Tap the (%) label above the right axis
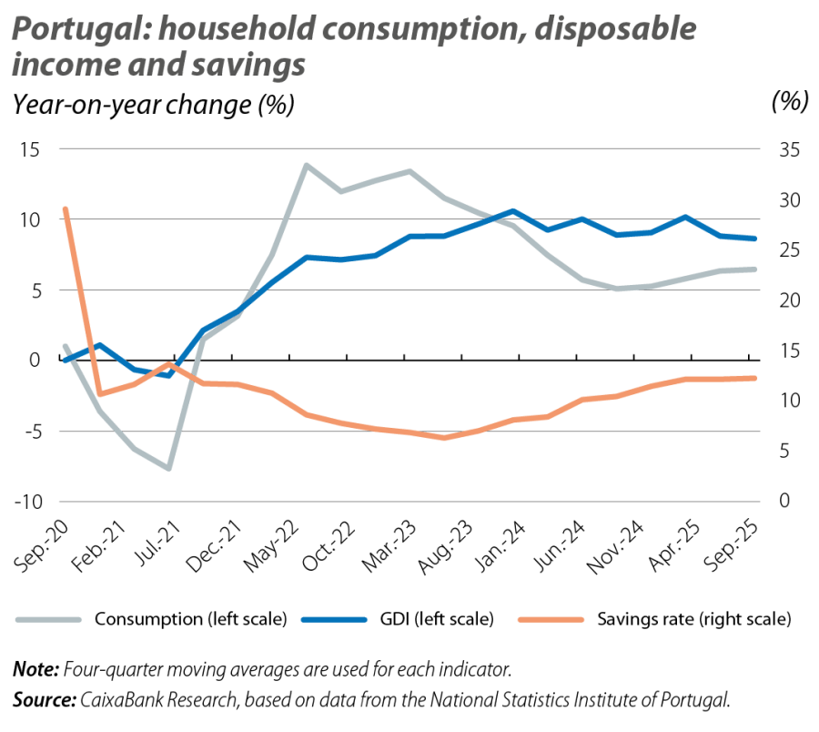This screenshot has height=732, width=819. (x=788, y=103)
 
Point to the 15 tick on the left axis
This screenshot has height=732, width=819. (x=30, y=149)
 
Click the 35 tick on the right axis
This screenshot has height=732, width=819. (x=787, y=149)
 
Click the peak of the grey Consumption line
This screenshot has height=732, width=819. (x=307, y=165)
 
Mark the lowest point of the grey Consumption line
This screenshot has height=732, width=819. (x=169, y=469)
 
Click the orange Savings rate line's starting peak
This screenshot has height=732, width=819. (x=65, y=208)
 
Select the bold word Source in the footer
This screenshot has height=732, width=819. (x=42, y=699)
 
